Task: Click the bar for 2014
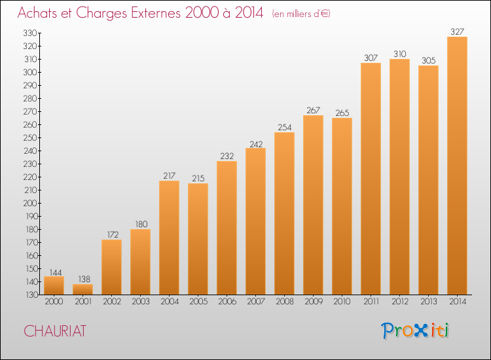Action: click(x=457, y=166)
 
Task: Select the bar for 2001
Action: click(x=82, y=289)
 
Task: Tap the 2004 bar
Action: click(x=169, y=238)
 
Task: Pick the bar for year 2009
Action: click(x=313, y=205)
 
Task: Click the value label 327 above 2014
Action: click(x=457, y=31)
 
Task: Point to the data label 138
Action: click(x=84, y=279)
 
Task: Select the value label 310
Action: click(x=400, y=54)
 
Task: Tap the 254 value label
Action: click(x=284, y=128)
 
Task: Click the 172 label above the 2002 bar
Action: click(x=113, y=234)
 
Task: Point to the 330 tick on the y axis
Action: click(x=30, y=33)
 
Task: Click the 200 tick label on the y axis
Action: click(x=30, y=203)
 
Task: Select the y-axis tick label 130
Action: click(x=31, y=295)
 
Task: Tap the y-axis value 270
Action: click(x=30, y=112)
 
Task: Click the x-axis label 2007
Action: click(x=256, y=302)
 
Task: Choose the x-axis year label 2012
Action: click(x=400, y=302)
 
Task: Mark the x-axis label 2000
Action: click(x=54, y=302)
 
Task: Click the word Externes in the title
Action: click(x=156, y=13)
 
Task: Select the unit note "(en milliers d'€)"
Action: click(x=301, y=14)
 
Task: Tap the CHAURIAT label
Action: click(x=55, y=331)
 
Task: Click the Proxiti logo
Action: click(x=415, y=331)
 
